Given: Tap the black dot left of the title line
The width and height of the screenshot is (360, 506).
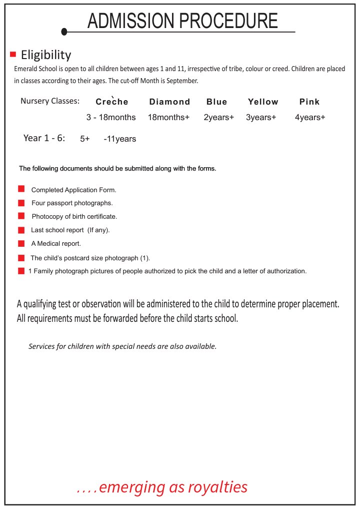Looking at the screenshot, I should (64, 32).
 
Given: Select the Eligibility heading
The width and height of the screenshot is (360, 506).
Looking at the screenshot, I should (46, 55).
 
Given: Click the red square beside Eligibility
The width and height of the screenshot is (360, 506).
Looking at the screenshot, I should (13, 54).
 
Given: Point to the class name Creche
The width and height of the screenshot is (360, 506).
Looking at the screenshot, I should (112, 102).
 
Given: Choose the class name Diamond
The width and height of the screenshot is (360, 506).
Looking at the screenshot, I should (169, 102).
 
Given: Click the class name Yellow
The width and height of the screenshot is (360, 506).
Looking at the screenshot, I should (263, 102).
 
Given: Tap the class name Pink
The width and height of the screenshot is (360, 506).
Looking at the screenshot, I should (309, 102).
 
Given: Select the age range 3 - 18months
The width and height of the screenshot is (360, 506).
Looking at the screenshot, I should (111, 117).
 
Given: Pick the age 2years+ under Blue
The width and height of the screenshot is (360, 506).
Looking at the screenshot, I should (218, 117).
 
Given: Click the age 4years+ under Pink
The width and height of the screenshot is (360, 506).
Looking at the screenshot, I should (310, 117).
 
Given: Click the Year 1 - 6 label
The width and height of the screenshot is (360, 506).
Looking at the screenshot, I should (44, 138).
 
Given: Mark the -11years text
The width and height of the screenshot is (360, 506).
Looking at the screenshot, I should (120, 139).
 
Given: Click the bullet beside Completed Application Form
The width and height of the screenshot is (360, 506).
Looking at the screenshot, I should (21, 189).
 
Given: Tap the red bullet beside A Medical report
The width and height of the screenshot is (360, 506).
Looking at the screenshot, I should (21, 243).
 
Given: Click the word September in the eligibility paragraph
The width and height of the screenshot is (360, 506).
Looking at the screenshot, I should (183, 81).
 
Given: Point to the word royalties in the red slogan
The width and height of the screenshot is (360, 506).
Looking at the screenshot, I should (217, 487).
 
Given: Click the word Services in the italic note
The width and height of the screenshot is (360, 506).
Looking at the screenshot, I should (41, 346).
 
